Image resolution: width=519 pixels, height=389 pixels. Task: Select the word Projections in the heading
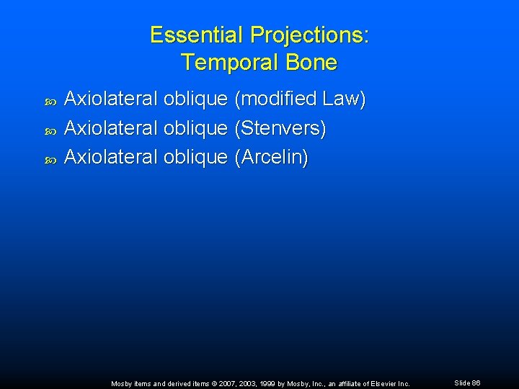point(306,35)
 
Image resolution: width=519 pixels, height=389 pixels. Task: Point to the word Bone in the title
point(311,63)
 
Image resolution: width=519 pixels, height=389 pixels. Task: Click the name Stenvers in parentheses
point(280,128)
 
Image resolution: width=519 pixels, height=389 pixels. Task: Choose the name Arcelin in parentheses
point(271,158)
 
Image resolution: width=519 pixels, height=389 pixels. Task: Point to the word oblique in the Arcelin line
point(195,158)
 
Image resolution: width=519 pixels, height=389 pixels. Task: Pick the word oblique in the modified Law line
point(195,99)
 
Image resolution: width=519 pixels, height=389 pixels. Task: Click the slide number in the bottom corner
point(467,383)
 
